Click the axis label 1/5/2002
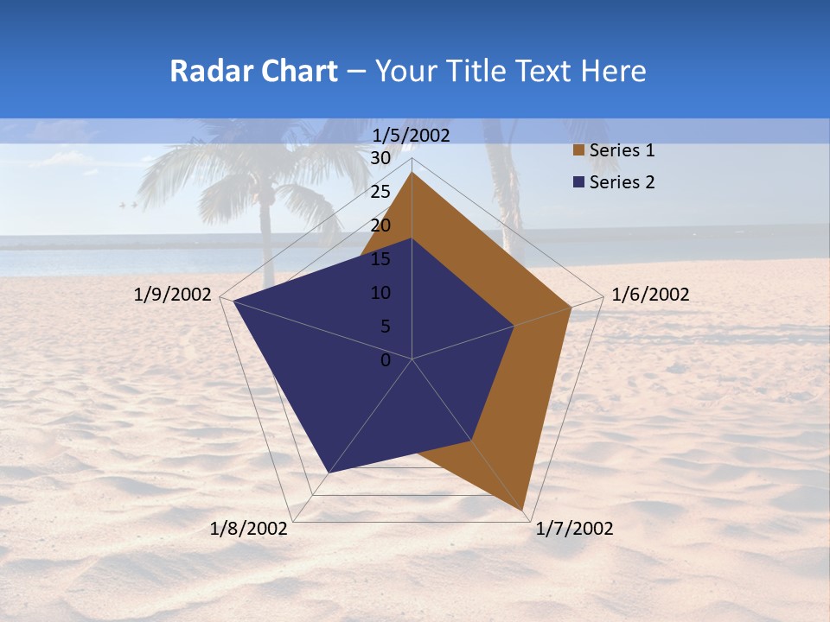coord(412,136)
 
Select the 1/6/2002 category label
coord(650,295)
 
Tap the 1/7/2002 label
coord(574,529)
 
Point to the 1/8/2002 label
coord(249,529)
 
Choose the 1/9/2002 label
coord(173,295)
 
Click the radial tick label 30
coord(380,158)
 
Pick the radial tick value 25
coord(380,192)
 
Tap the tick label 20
coord(380,225)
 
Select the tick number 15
coord(380,259)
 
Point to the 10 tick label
coord(380,293)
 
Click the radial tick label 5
coord(385,327)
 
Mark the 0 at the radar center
coord(386,360)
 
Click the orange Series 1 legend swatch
coord(578,151)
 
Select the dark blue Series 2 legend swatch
coord(578,182)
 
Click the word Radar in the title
coord(209,71)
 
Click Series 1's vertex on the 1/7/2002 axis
coord(524,511)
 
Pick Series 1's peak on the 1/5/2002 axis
coord(412,173)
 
